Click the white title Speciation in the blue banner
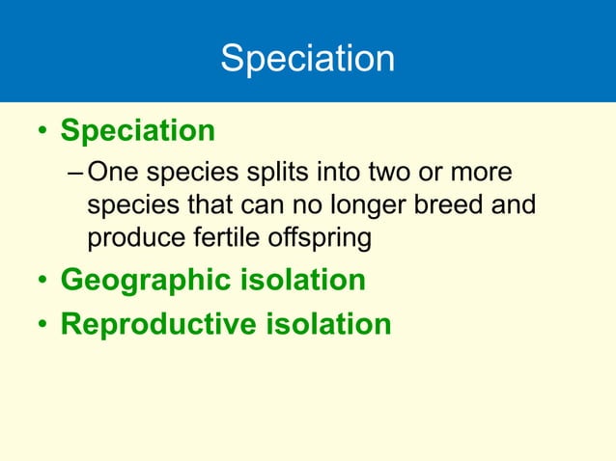tap(307, 59)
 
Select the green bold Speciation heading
tap(137, 130)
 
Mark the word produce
tap(130, 238)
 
